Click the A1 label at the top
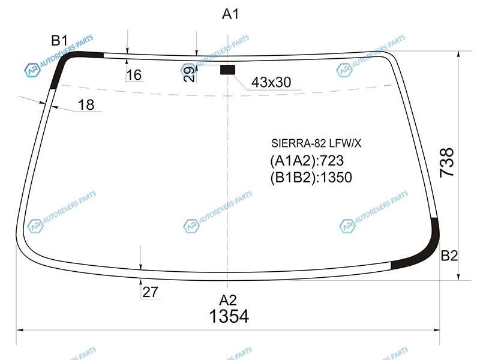pos(230,14)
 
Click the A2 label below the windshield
pos(228,301)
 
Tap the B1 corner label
pos(59,40)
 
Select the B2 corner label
pos(449,256)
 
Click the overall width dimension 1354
pos(229,316)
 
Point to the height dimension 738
pos(446,162)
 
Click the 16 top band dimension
pos(134,75)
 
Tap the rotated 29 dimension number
pos(190,74)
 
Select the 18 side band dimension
pos(86,105)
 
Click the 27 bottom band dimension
pos(150,292)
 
